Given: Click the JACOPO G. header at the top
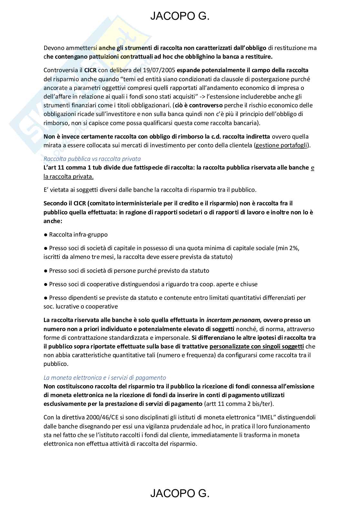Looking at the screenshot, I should click(x=180, y=16).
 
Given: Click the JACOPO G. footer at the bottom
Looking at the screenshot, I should click(x=180, y=493).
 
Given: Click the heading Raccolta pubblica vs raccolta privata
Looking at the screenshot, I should click(x=92, y=159).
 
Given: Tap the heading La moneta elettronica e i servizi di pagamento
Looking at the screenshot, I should click(x=105, y=377).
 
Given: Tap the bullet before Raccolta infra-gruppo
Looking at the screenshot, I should click(x=46, y=235).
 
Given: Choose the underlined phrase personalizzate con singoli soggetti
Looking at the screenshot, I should click(x=256, y=347).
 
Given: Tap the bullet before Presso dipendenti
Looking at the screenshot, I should click(x=46, y=298).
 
